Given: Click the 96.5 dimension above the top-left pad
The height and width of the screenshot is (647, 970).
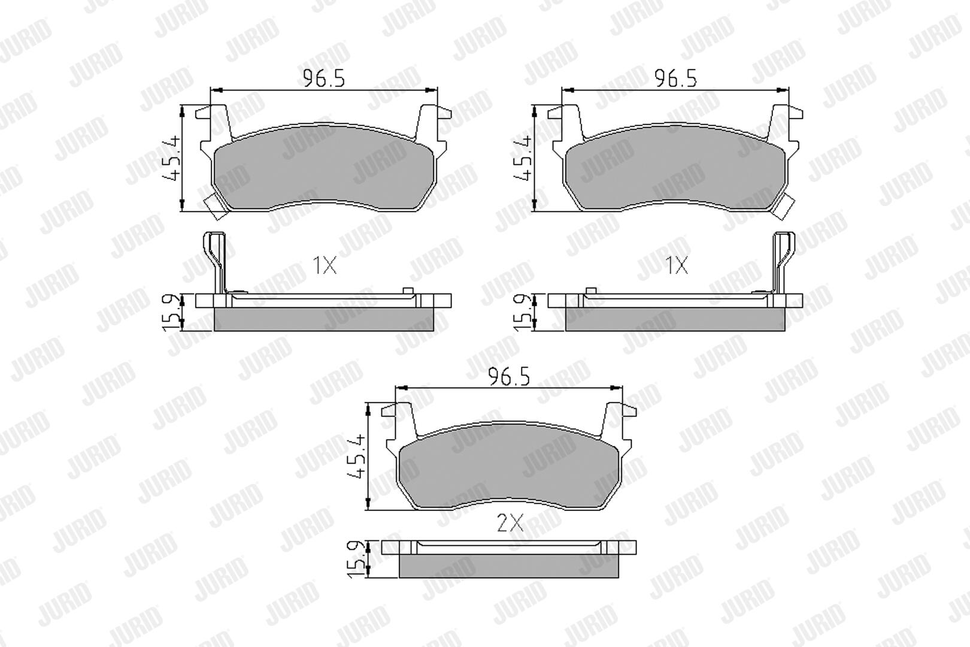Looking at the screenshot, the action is (x=323, y=79).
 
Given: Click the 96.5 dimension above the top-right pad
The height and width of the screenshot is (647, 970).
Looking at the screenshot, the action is (x=675, y=79).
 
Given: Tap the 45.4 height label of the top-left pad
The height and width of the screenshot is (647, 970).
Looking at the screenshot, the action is (x=171, y=158).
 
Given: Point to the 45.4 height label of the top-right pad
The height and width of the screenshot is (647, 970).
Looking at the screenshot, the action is (x=522, y=158).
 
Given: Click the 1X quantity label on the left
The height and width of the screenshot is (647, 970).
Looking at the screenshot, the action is (x=325, y=265).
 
